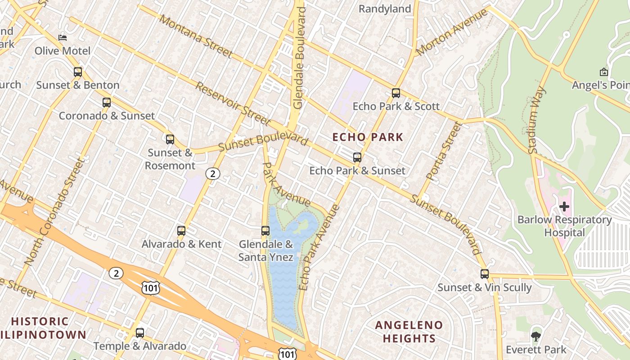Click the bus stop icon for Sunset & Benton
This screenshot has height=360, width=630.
pyautogui.click(x=78, y=72)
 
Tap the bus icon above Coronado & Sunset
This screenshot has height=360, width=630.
pyautogui.click(x=107, y=103)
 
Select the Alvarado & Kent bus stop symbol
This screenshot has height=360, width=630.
pyautogui.click(x=181, y=231)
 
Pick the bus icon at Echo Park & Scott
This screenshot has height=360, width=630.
pyautogui.click(x=396, y=93)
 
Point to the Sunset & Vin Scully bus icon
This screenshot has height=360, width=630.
pyautogui.click(x=485, y=274)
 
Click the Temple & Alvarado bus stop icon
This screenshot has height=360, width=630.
pyautogui.click(x=140, y=333)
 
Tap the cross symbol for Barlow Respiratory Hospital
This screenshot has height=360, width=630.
pyautogui.click(x=564, y=207)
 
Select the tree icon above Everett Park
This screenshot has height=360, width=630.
pyautogui.click(x=535, y=336)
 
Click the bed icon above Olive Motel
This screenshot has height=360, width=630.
pyautogui.click(x=63, y=37)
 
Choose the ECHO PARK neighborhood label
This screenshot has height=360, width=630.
pyautogui.click(x=368, y=137)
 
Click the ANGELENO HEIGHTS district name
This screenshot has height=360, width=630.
pyautogui.click(x=409, y=332)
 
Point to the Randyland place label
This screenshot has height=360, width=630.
pyautogui.click(x=385, y=9)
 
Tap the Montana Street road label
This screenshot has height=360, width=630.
pyautogui.click(x=196, y=37)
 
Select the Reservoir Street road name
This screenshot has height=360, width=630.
pyautogui.click(x=233, y=103)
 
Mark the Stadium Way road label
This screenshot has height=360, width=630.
pyautogui.click(x=537, y=121)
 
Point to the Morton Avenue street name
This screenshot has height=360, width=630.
pyautogui.click(x=451, y=32)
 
